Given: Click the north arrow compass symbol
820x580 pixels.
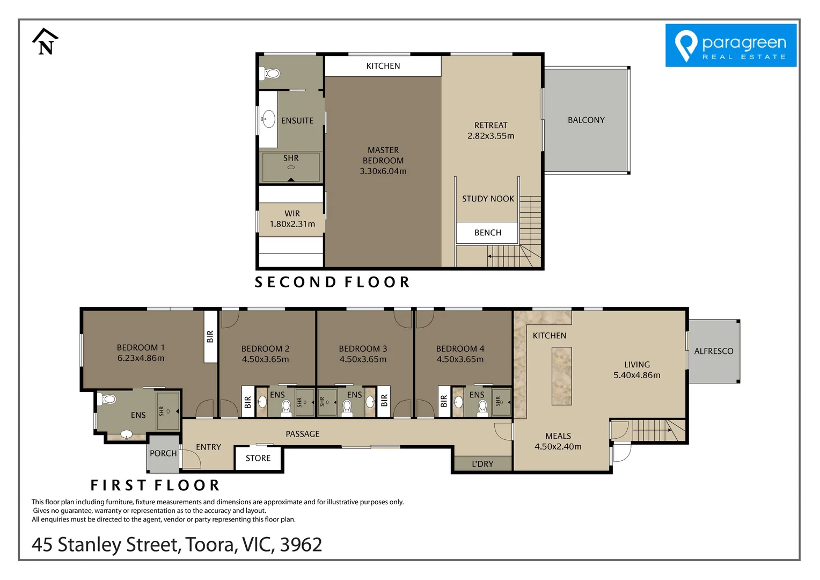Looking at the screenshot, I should [45, 42].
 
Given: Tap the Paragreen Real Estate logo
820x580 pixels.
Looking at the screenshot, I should [730, 46].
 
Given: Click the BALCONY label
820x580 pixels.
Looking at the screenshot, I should [586, 120].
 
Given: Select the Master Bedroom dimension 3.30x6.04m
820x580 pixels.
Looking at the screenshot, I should [383, 171].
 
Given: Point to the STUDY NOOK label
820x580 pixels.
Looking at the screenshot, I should [488, 199].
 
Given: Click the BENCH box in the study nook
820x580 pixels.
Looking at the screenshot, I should [487, 233].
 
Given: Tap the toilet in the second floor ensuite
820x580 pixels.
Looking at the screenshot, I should [271, 74].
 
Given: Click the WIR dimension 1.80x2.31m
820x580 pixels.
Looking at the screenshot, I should [292, 224].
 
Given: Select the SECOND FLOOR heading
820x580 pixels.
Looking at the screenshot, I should [332, 282].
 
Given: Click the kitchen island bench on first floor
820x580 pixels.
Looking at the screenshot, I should [561, 376].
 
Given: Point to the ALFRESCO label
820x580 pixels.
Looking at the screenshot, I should [713, 351].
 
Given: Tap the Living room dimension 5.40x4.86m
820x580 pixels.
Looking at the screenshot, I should [636, 375].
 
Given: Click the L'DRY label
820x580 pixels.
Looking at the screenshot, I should [482, 464].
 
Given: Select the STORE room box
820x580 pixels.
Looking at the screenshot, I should [258, 459].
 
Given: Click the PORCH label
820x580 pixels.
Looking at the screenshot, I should [163, 453].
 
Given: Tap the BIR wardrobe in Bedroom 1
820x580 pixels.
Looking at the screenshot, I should [210, 337].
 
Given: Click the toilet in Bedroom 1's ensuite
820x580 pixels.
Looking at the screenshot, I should [109, 399].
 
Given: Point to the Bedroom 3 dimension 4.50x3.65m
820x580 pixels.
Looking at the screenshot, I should [363, 359].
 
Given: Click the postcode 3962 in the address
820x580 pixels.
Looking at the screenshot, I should [301, 545].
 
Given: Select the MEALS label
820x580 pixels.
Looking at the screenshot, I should [558, 436].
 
